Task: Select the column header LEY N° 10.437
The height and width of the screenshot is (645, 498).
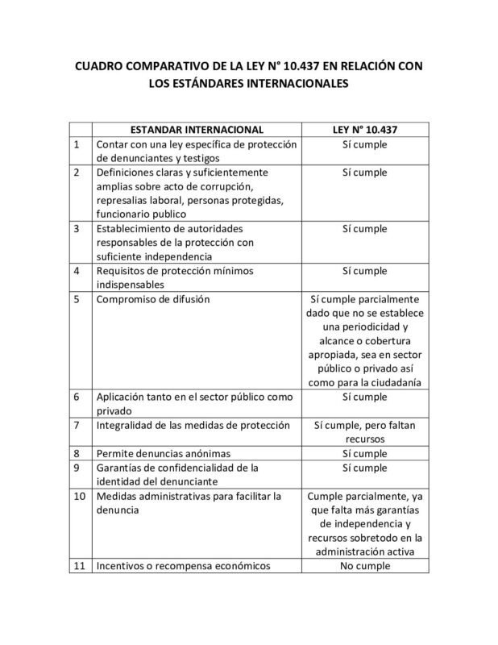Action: [364, 129]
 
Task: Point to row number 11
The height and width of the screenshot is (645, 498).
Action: [79, 565]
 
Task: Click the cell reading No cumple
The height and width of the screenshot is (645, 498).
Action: [364, 565]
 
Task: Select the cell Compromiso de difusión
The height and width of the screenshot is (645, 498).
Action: [152, 300]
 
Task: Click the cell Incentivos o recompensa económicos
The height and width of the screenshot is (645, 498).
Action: [182, 565]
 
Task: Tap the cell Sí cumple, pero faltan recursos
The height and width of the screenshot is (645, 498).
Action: [364, 431]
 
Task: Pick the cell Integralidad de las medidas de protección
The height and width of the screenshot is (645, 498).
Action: [192, 424]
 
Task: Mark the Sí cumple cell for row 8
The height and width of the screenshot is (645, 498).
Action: [364, 453]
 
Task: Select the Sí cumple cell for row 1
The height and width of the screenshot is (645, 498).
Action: [364, 144]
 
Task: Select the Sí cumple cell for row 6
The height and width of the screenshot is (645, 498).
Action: [364, 397]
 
